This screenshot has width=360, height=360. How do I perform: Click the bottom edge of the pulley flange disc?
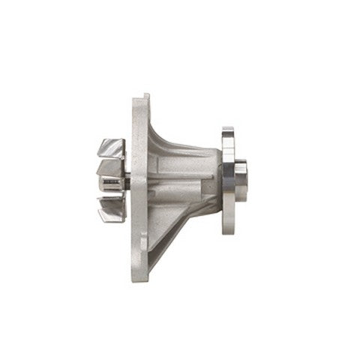(x=227, y=229)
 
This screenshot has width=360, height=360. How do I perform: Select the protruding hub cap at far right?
(x=241, y=181)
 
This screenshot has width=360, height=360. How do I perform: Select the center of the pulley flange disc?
(x=228, y=181)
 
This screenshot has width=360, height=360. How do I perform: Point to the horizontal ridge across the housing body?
(x=184, y=174)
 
